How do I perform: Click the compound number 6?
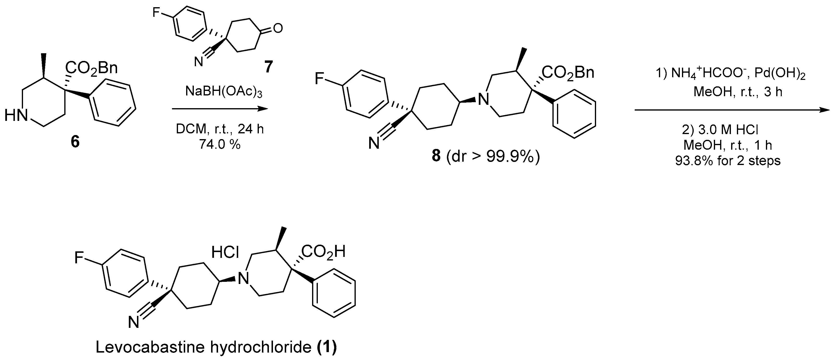(x=75, y=142)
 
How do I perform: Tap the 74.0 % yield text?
(x=220, y=144)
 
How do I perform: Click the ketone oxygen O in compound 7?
(x=278, y=29)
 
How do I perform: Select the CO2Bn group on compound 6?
(x=91, y=68)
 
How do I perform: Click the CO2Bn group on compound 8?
(x=568, y=73)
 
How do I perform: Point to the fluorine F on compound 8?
(x=320, y=79)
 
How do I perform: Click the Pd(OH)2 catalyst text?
(x=780, y=74)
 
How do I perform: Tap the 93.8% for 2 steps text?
(x=728, y=161)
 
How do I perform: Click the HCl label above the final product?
(x=225, y=252)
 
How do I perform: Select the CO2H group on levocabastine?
(x=323, y=251)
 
